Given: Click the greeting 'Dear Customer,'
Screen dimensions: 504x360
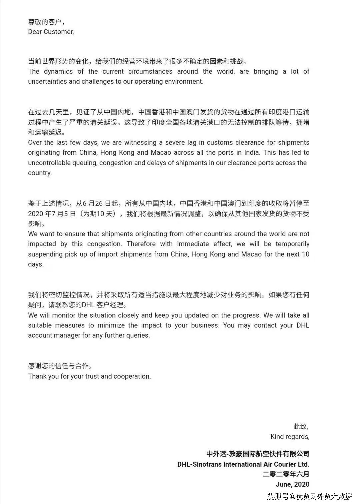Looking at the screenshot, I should point(51,32).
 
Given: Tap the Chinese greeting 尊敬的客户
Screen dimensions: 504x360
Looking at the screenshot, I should point(45,22).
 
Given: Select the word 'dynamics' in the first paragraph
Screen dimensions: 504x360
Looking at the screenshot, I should point(58,71).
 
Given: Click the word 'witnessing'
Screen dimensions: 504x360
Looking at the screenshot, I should point(140,143).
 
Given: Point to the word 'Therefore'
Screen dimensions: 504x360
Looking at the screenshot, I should point(141,244).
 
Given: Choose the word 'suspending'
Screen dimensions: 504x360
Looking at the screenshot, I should point(45,254).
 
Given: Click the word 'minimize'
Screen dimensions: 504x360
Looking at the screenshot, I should point(111,326).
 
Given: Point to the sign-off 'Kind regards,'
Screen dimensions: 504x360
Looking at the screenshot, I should point(290,437).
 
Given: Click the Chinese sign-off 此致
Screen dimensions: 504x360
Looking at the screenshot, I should point(300,427).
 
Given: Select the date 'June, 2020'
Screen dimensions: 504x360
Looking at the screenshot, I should point(292,484).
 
